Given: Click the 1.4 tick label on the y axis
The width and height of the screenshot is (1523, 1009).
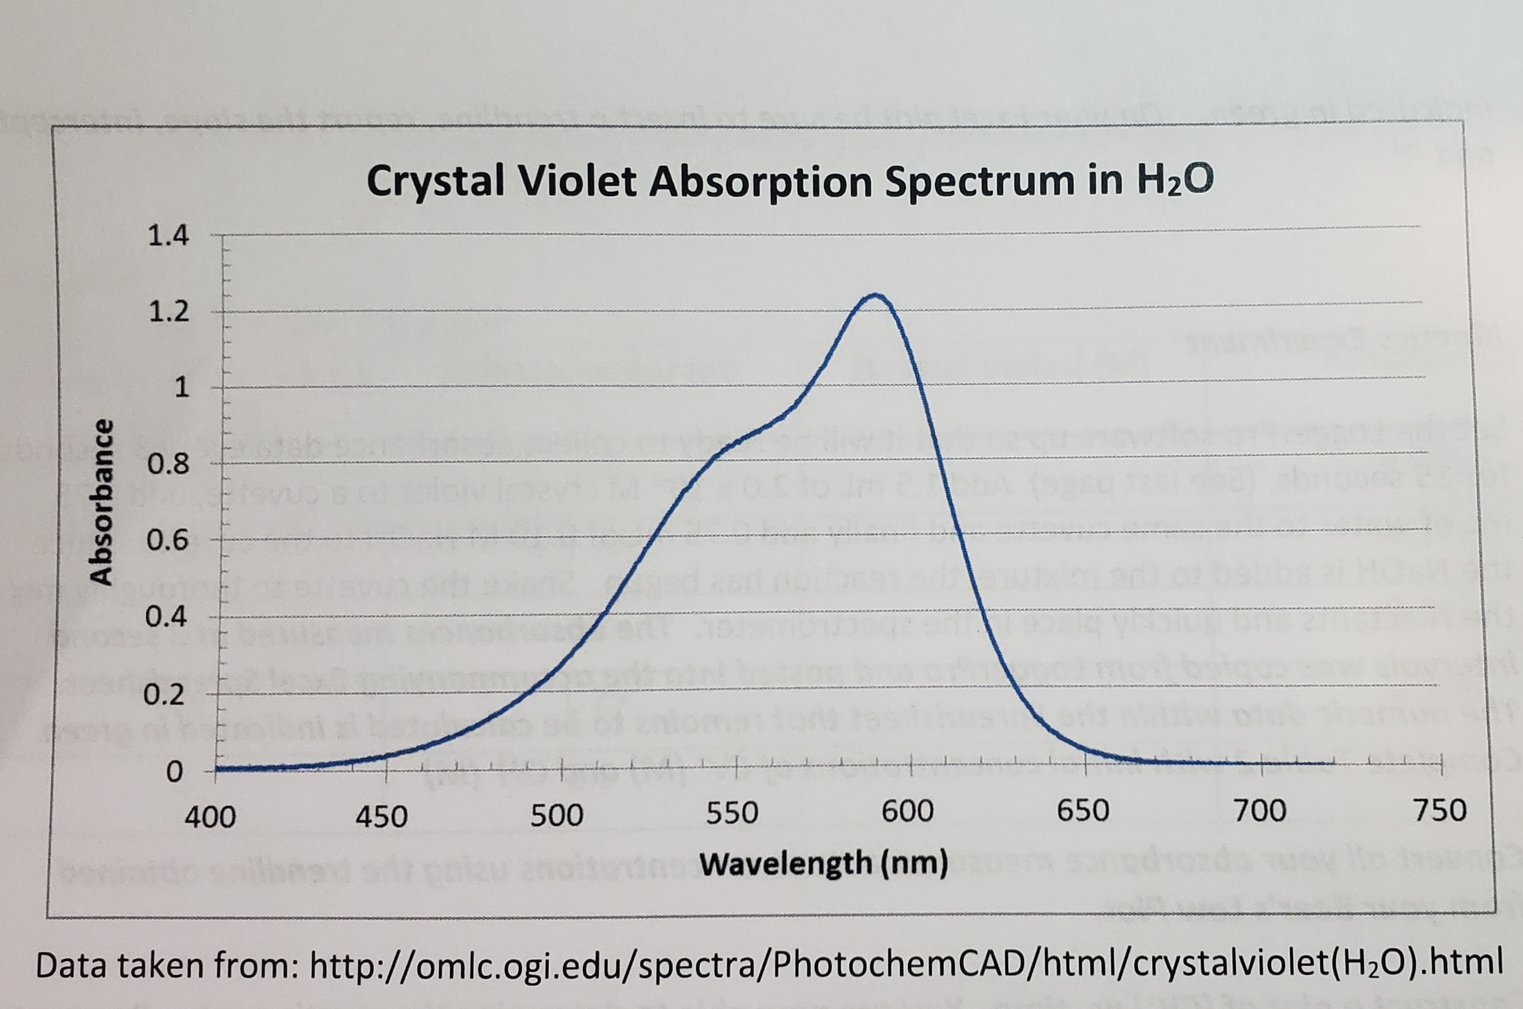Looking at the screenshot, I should (169, 236).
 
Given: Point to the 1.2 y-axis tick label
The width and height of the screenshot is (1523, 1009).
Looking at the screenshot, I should (169, 312).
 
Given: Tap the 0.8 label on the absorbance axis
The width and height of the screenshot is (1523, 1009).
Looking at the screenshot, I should (169, 464).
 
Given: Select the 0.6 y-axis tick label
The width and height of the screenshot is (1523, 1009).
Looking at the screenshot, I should (169, 541).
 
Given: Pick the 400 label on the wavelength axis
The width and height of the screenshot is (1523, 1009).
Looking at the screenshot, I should (210, 817).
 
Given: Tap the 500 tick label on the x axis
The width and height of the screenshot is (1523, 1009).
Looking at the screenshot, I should (557, 816).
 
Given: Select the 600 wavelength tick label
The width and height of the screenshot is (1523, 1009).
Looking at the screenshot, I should (908, 812).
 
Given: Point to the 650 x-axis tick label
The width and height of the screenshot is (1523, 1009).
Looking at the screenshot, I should (1083, 811).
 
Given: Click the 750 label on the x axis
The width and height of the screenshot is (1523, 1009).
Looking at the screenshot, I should (1441, 811).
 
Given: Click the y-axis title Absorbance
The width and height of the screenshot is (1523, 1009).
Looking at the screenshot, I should (101, 502).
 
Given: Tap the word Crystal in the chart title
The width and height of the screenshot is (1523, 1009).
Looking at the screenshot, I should (436, 182).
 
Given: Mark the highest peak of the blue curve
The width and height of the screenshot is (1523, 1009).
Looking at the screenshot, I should (876, 295).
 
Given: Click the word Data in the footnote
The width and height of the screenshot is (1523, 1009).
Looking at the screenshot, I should (70, 965).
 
